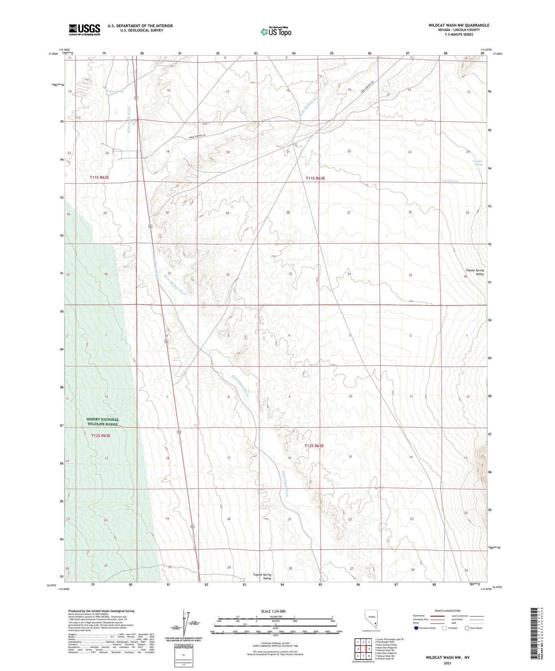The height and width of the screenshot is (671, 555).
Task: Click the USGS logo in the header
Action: pyautogui.click(x=84, y=29)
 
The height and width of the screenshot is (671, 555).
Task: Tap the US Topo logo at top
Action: pyautogui.click(x=276, y=32)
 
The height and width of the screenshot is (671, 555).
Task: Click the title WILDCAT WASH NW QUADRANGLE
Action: pyautogui.click(x=459, y=25)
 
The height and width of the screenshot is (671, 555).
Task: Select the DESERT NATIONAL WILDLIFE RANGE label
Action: pyautogui.click(x=103, y=422)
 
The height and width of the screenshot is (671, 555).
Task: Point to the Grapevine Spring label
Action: pyautogui.click(x=478, y=163)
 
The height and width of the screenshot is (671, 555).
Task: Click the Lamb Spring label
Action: pyautogui.click(x=450, y=181)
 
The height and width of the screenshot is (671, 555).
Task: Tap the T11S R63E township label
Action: pyautogui.click(x=315, y=178)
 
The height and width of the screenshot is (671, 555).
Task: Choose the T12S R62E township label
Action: pyautogui.click(x=101, y=436)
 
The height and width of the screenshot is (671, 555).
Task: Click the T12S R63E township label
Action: pyautogui.click(x=314, y=446)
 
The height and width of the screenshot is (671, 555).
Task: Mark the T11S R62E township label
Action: pyautogui.click(x=99, y=178)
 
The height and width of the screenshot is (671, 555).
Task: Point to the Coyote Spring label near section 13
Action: pyautogui.click(x=115, y=91)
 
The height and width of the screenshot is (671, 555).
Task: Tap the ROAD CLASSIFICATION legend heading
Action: pyautogui.click(x=448, y=611)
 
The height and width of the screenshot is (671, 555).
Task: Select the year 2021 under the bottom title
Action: pyautogui.click(x=447, y=663)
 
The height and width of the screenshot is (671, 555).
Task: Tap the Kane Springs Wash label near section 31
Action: pyautogui.click(x=175, y=285)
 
